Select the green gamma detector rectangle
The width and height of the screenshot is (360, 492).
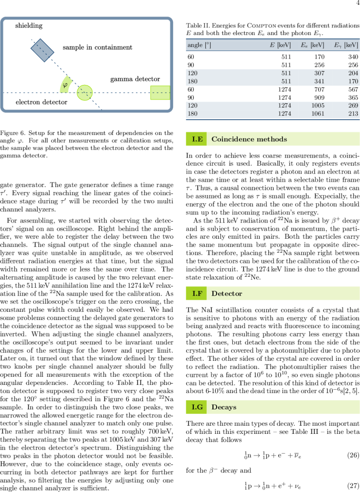[x=160, y=92]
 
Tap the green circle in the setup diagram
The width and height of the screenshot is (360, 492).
[x=85, y=92]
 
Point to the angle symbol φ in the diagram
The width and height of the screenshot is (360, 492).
[x=64, y=85]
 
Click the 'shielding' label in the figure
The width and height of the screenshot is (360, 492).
[x=29, y=25]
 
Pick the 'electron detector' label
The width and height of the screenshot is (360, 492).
[x=42, y=102]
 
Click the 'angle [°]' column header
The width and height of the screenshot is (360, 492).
[x=199, y=45]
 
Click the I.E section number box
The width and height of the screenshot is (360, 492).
[x=197, y=139]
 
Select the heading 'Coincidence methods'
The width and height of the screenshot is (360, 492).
[x=249, y=139]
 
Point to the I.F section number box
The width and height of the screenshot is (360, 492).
[x=197, y=293]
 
